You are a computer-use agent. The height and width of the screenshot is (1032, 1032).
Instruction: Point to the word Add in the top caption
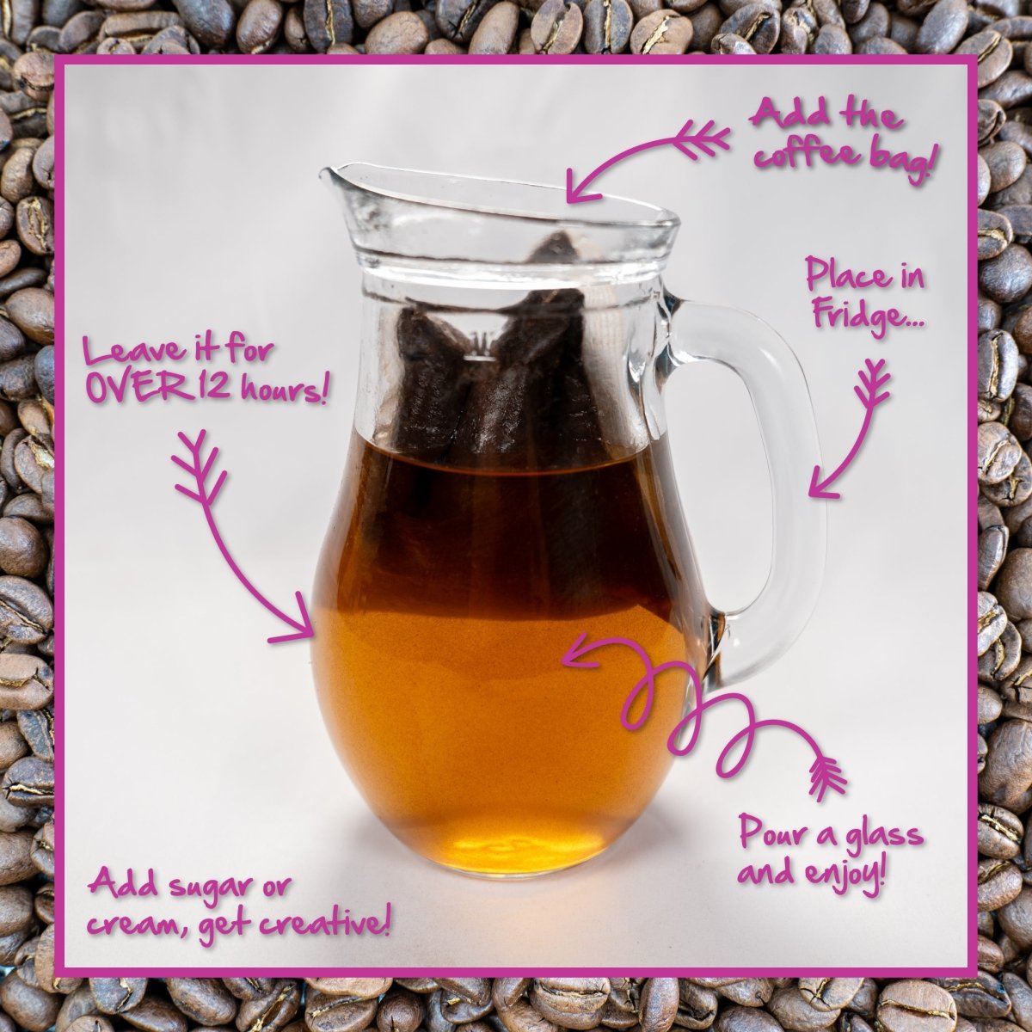click(778, 116)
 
